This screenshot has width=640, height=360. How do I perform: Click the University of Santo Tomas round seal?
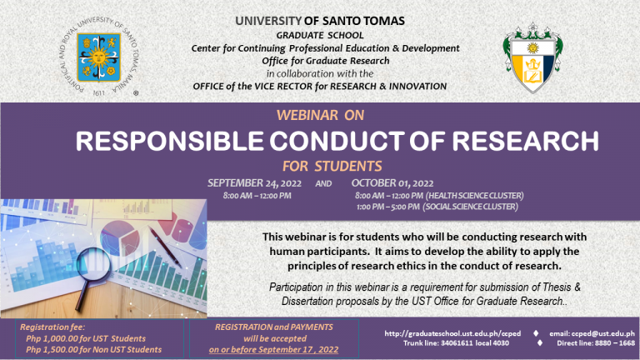coord(99,57)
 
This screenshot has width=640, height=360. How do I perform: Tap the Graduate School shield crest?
coord(532,57)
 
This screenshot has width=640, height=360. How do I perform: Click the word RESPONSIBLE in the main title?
coord(169,141)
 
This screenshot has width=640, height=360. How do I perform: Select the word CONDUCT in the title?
coord(337,141)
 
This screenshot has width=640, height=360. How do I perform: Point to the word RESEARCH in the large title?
coord(525,141)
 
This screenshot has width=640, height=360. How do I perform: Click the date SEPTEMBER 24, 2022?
coord(254,183)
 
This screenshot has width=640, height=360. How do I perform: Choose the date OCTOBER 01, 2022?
coord(392,183)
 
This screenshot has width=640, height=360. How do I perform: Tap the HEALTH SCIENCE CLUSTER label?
coord(474,196)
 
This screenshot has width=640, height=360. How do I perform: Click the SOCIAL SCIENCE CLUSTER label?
coord(470,207)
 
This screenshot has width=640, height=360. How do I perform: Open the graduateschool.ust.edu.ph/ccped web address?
coord(452,333)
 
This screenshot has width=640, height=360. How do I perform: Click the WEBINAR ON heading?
coord(320,116)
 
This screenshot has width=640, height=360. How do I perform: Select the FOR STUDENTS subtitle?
coord(332,167)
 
